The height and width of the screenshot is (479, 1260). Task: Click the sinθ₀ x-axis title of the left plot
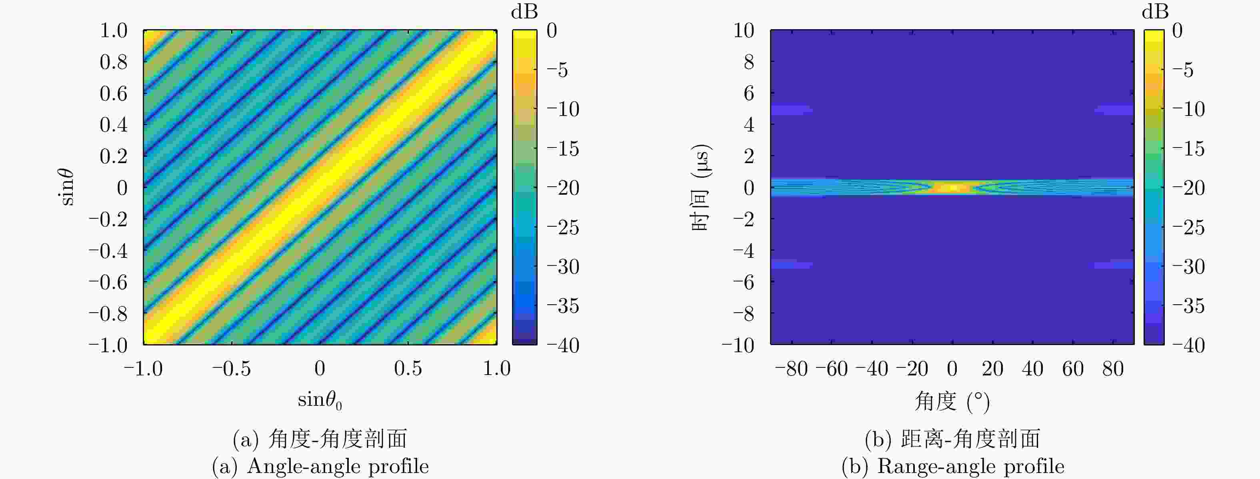[x=320, y=401]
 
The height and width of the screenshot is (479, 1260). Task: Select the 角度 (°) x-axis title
[x=952, y=402]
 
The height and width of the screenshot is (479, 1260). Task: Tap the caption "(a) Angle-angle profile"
[x=320, y=466]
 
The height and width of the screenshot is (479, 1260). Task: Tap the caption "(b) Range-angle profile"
[x=952, y=466]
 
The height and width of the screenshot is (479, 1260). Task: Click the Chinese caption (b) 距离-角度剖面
[x=952, y=439]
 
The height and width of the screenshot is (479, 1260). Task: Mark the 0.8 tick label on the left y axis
[x=114, y=62]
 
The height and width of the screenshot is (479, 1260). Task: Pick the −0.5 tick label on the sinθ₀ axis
[x=231, y=369]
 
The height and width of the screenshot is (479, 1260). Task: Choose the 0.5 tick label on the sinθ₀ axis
[x=408, y=369]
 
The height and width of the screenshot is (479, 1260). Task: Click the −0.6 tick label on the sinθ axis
[x=108, y=282]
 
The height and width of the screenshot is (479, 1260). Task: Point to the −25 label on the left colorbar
[x=562, y=227]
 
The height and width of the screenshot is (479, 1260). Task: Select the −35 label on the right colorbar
[x=1188, y=306]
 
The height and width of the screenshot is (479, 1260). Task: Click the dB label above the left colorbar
[x=524, y=12]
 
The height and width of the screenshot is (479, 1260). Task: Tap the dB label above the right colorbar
[x=1155, y=12]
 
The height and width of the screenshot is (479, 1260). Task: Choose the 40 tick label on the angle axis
[x=1032, y=369]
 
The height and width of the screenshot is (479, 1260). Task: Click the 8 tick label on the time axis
[x=748, y=62]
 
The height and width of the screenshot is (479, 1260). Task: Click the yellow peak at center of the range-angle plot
[x=952, y=187]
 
